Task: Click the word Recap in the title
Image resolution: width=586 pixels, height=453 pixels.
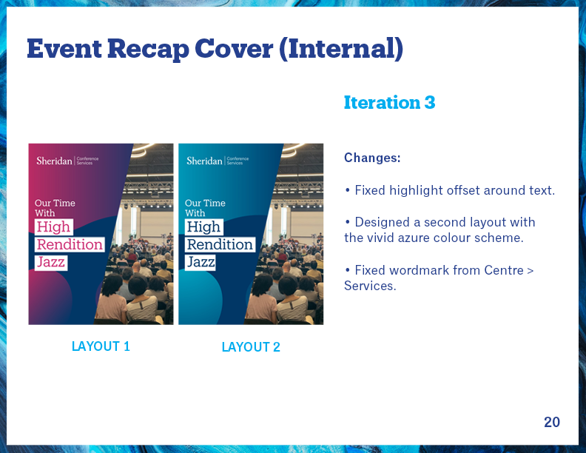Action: [148, 49]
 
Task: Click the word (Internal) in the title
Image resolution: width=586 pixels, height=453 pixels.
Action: [341, 49]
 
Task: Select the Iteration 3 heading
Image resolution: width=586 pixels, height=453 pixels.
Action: [389, 102]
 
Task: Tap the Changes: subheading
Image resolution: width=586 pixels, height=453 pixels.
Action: [372, 158]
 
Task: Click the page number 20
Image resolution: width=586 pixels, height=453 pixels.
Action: [552, 422]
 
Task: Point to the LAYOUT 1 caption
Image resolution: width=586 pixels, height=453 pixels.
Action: [101, 346]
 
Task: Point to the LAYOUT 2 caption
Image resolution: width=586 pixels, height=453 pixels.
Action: [251, 347]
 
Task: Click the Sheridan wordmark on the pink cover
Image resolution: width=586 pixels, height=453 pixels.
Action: [54, 161]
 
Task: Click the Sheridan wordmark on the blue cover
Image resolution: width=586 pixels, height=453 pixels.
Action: [204, 161]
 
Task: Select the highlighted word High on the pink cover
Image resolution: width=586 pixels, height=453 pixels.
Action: [53, 227]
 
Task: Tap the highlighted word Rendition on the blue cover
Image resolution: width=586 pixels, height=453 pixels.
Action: [220, 244]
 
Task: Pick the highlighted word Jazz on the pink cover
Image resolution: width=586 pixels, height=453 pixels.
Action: [51, 262]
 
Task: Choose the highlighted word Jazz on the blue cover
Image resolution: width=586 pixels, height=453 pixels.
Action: [201, 262]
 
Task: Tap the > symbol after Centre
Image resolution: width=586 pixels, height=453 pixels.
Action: [530, 270]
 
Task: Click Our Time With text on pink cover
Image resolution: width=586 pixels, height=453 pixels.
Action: [55, 208]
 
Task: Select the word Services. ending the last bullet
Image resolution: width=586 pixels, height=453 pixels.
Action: [370, 286]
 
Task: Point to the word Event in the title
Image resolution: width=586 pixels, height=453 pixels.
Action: [64, 49]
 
